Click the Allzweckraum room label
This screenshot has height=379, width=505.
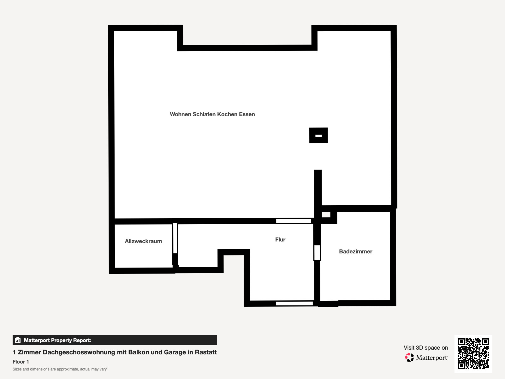point(143,241)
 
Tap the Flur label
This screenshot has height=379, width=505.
point(280,239)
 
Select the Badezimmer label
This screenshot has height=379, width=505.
point(356,251)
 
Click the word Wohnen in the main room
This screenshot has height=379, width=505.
point(180,114)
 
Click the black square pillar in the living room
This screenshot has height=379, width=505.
point(318,135)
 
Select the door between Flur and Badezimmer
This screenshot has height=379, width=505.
point(317,253)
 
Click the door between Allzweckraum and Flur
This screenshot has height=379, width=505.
point(175,238)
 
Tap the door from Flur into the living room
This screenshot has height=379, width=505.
point(293,221)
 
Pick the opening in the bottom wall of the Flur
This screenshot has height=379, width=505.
point(294,303)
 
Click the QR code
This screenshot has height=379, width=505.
point(473,353)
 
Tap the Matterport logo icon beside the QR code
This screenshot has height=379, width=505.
point(409,358)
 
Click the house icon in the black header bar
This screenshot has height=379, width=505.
point(18,340)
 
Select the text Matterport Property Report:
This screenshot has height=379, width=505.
point(57,340)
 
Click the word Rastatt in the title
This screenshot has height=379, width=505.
point(206,352)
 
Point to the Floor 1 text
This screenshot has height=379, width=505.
point(21,362)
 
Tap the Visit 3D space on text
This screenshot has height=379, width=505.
point(426,348)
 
